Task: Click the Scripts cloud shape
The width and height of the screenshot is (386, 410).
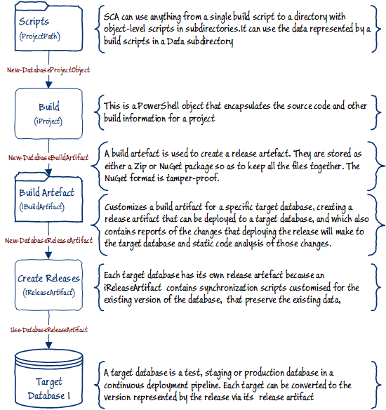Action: [x=46, y=28]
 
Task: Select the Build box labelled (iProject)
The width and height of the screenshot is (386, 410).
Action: [x=48, y=113]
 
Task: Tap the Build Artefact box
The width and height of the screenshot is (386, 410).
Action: [x=47, y=197]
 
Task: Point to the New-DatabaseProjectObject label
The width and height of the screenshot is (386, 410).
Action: [x=47, y=70]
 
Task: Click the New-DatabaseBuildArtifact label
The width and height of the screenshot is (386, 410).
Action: [x=47, y=157]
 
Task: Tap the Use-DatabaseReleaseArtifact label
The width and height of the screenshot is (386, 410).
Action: [x=48, y=327]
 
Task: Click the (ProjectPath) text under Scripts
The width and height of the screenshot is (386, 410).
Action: [x=40, y=36]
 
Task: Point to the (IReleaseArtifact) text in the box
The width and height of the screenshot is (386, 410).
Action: [x=48, y=291]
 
